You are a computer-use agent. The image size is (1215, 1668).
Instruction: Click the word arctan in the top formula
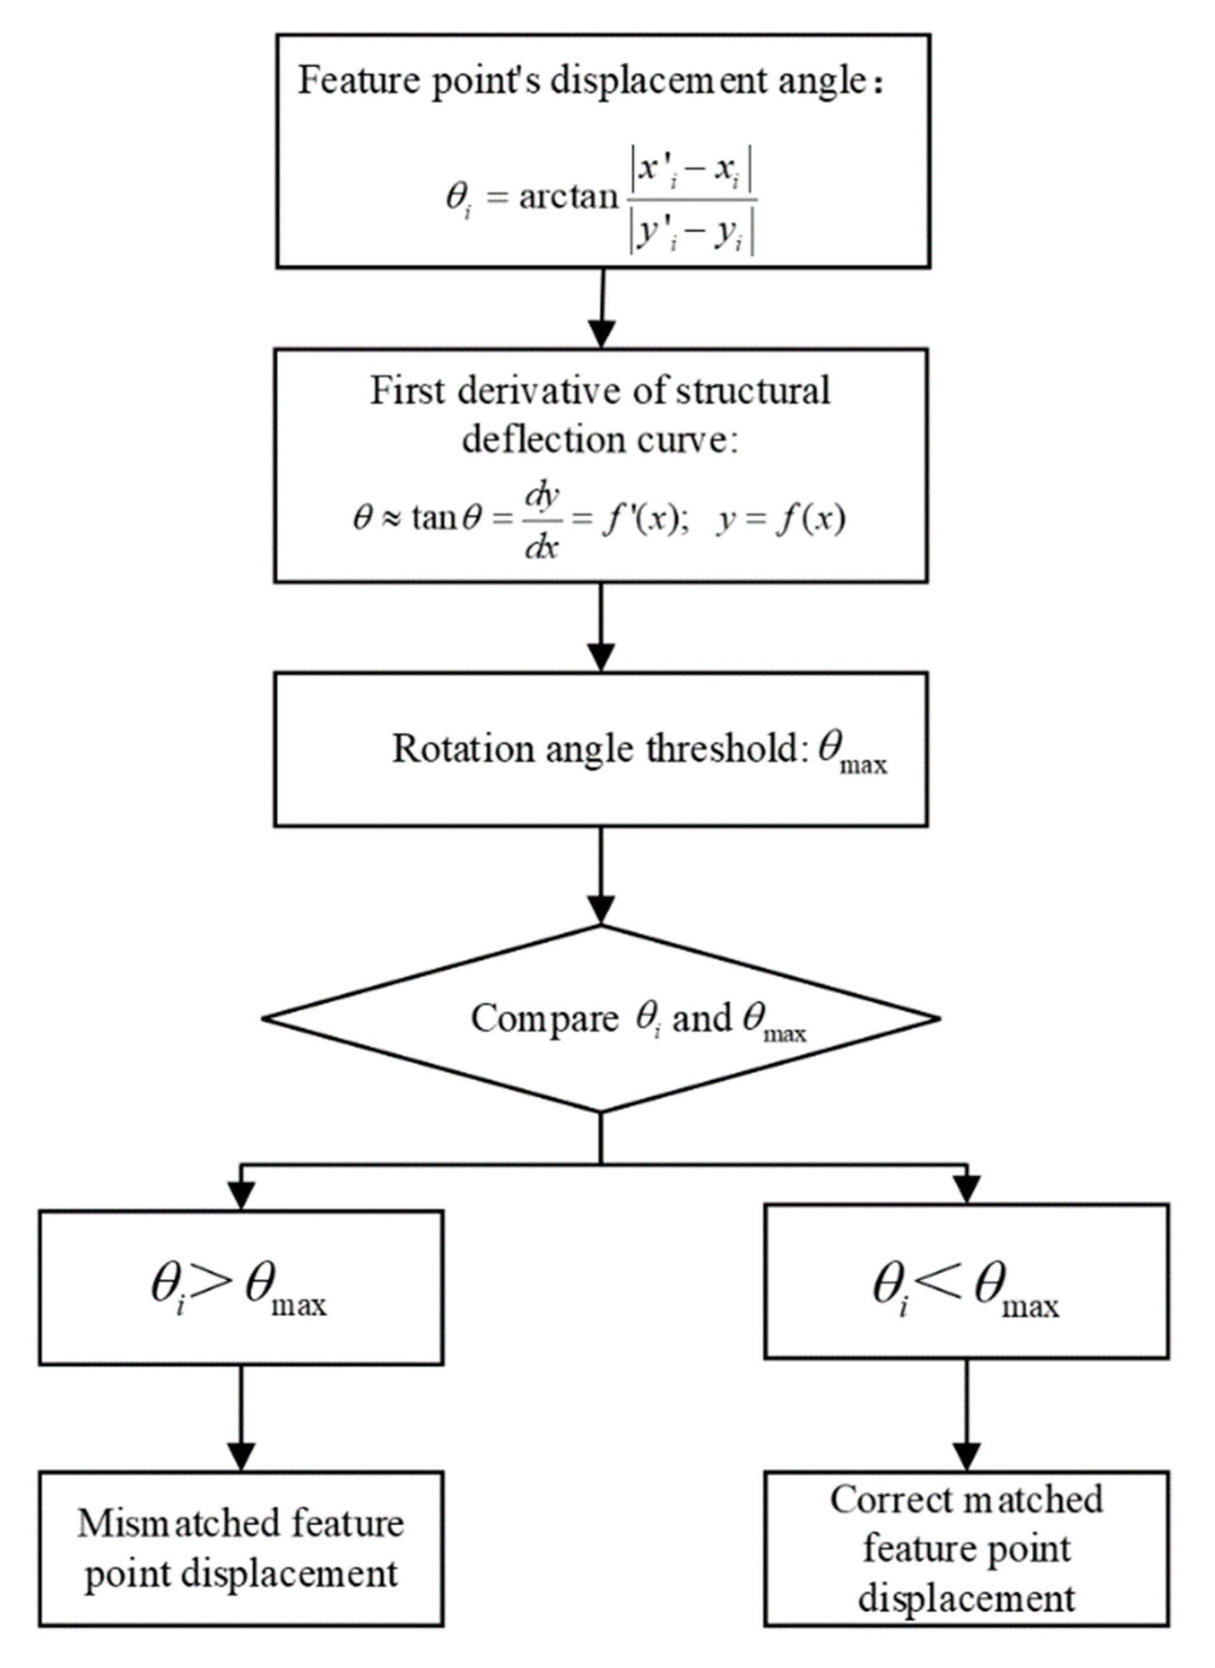tap(568, 197)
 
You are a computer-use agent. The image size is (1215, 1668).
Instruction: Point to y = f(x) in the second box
tap(780, 519)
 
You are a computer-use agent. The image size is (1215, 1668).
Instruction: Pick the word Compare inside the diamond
tap(544, 1019)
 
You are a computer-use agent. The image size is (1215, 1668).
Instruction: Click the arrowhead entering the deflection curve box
tap(602, 335)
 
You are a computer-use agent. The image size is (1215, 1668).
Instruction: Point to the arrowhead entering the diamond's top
tap(602, 911)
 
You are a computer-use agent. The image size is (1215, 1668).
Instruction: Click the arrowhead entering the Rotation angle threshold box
tap(602, 658)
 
